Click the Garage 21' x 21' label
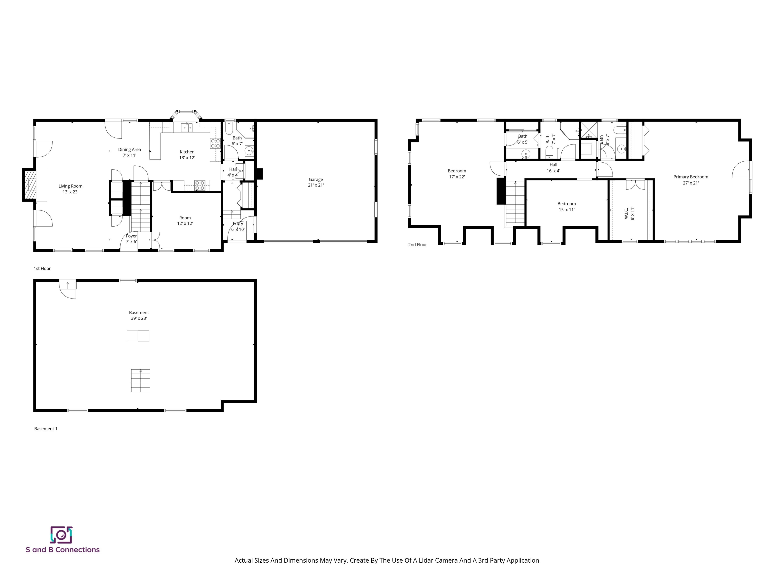pos(316,182)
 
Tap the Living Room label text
pos(70,186)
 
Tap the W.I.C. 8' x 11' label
pos(629,213)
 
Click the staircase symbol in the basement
pos(140,380)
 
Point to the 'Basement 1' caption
pos(46,429)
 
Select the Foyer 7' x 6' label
pos(131,239)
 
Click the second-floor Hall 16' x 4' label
pos(553,168)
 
